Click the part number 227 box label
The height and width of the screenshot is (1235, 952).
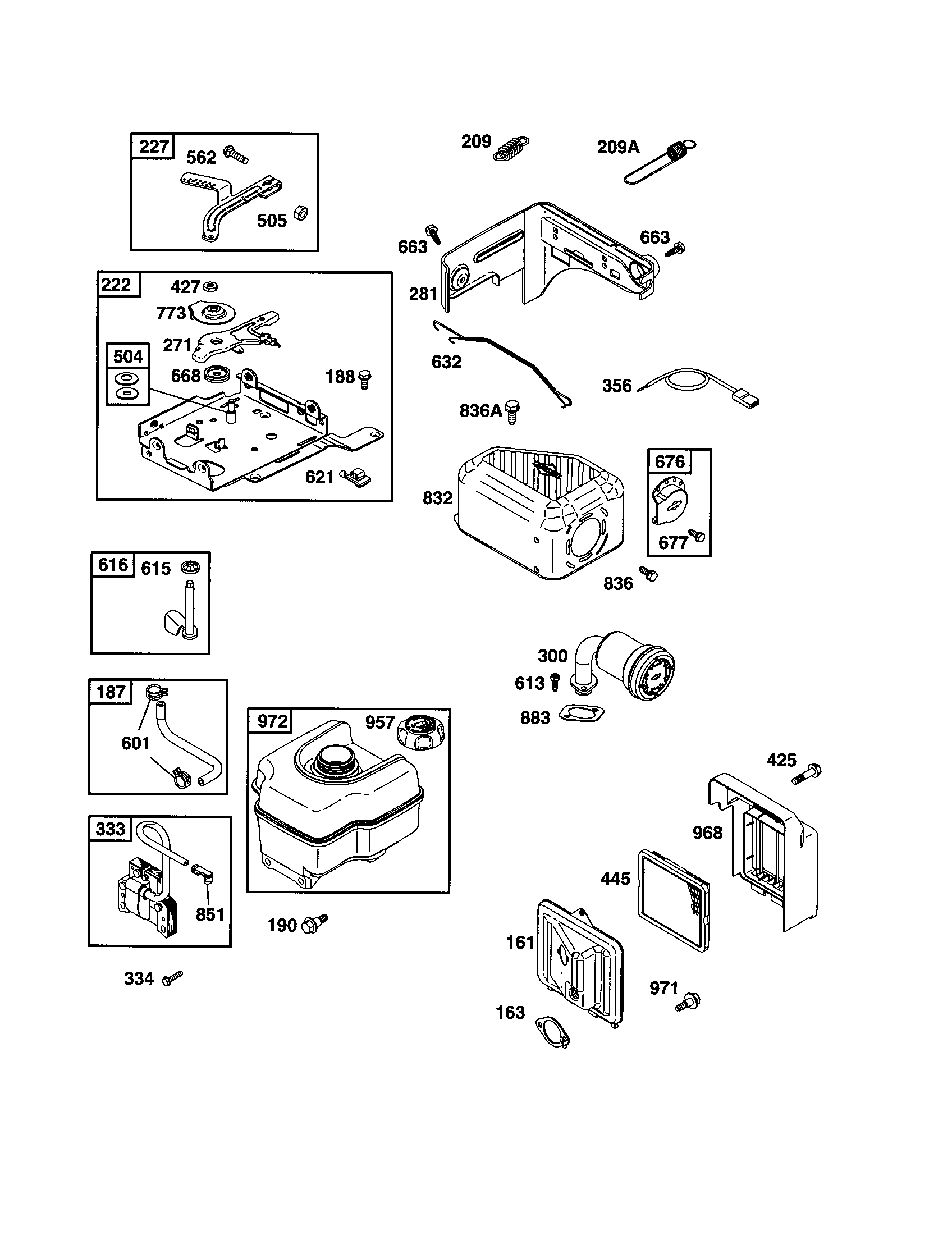(x=153, y=147)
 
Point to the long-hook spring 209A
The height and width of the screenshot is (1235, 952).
(x=660, y=164)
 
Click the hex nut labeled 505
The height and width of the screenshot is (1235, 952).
(x=301, y=213)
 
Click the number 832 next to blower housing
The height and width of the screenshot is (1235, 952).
(x=438, y=497)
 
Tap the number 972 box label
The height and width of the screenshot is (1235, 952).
(x=272, y=721)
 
